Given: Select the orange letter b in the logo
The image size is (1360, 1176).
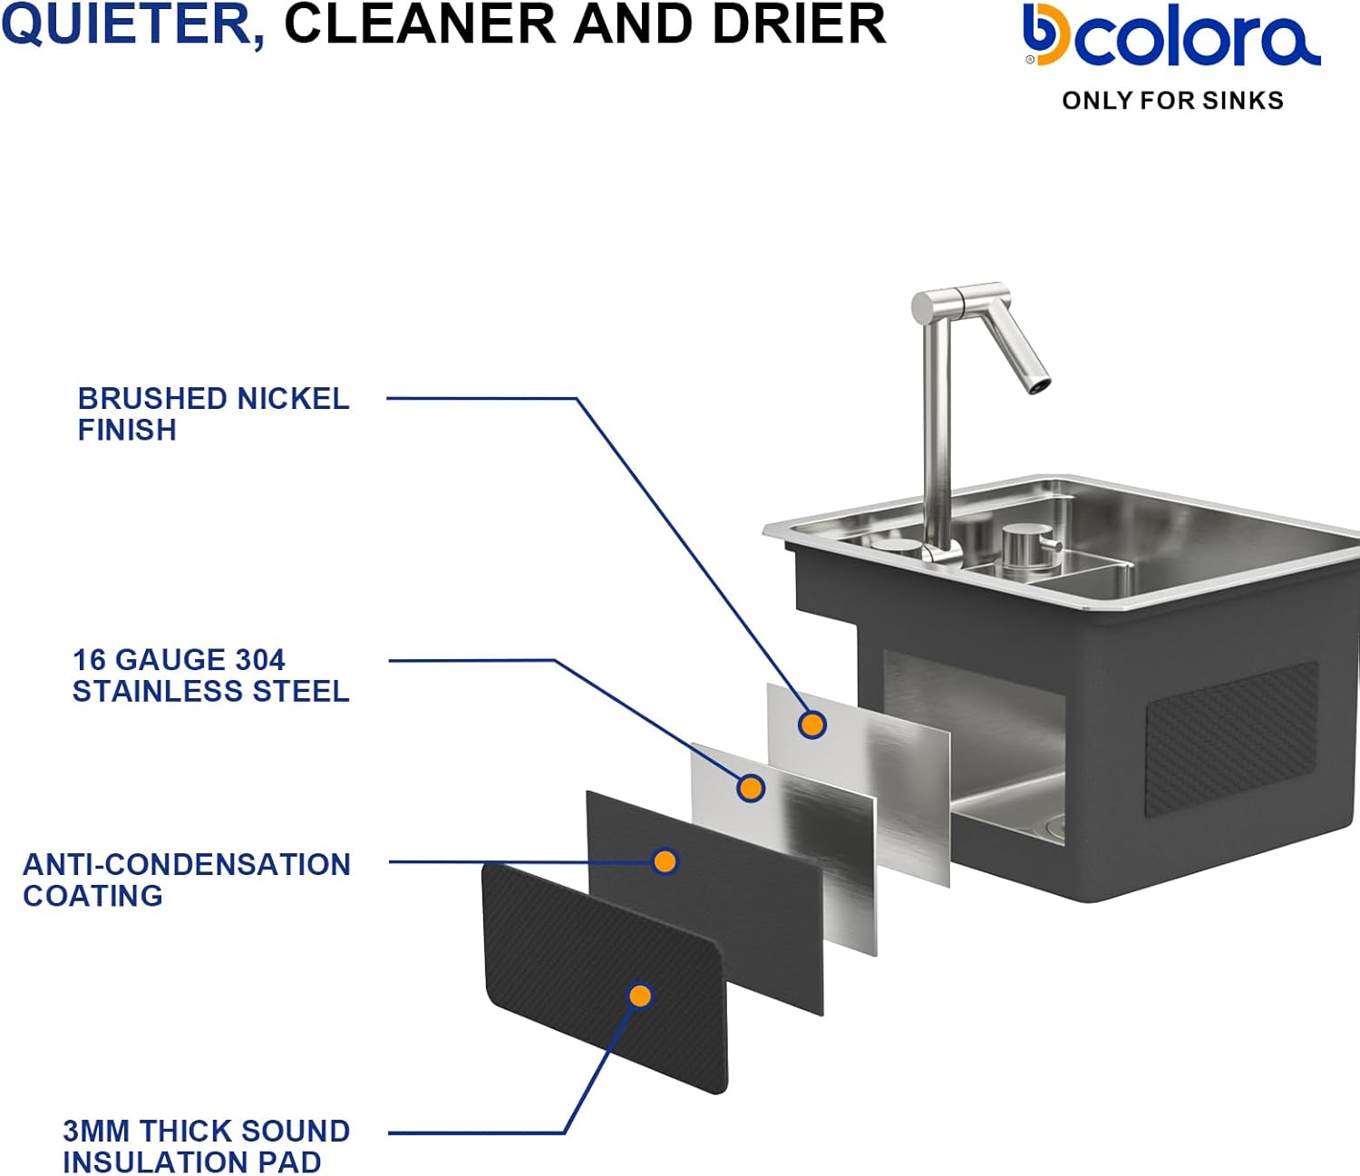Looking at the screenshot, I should [x=1045, y=36].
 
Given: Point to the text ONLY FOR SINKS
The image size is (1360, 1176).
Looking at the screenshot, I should [x=1172, y=101].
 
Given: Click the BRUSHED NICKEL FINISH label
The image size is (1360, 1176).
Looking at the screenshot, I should [x=213, y=413].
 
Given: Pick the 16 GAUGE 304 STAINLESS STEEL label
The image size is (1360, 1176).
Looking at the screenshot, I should [x=210, y=675].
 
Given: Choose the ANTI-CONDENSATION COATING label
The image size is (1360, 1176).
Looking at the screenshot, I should [x=186, y=880].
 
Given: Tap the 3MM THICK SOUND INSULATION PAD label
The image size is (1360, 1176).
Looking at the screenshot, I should [x=206, y=1146].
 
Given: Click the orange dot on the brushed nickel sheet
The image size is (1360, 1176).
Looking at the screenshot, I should [x=811, y=724].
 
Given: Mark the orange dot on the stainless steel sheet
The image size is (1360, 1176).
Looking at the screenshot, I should [x=751, y=788].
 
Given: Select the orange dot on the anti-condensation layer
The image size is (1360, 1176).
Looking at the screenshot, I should [x=665, y=860].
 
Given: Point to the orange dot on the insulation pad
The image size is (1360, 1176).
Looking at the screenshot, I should [x=640, y=996].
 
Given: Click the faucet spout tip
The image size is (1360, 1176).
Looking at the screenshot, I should [x=1039, y=384].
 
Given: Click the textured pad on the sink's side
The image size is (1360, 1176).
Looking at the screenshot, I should [x=1231, y=736].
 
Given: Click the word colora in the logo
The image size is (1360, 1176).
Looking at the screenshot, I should [x=1197, y=39].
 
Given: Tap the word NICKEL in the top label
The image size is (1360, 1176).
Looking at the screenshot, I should [x=292, y=398].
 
